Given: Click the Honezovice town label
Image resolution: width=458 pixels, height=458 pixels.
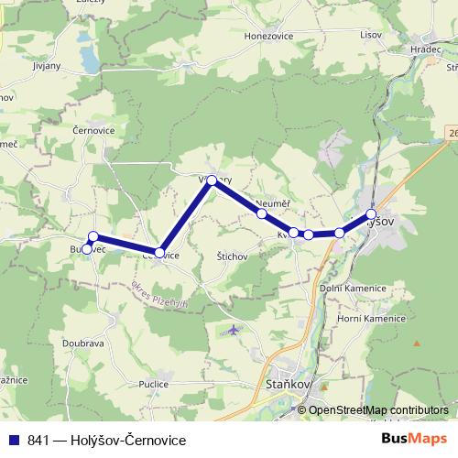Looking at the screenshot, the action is (x=267, y=35).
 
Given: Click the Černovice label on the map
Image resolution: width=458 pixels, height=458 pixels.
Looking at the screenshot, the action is (x=93, y=131).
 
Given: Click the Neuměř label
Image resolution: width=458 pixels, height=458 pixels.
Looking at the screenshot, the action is (x=273, y=203).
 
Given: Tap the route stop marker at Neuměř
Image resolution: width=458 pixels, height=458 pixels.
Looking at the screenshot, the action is (x=262, y=213).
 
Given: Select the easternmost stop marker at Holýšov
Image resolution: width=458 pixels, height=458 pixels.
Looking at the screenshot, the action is (x=371, y=214).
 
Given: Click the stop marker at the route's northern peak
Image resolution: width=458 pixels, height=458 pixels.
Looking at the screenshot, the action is (x=212, y=180).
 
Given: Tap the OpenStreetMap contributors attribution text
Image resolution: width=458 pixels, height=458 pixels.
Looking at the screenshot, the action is (x=378, y=409).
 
